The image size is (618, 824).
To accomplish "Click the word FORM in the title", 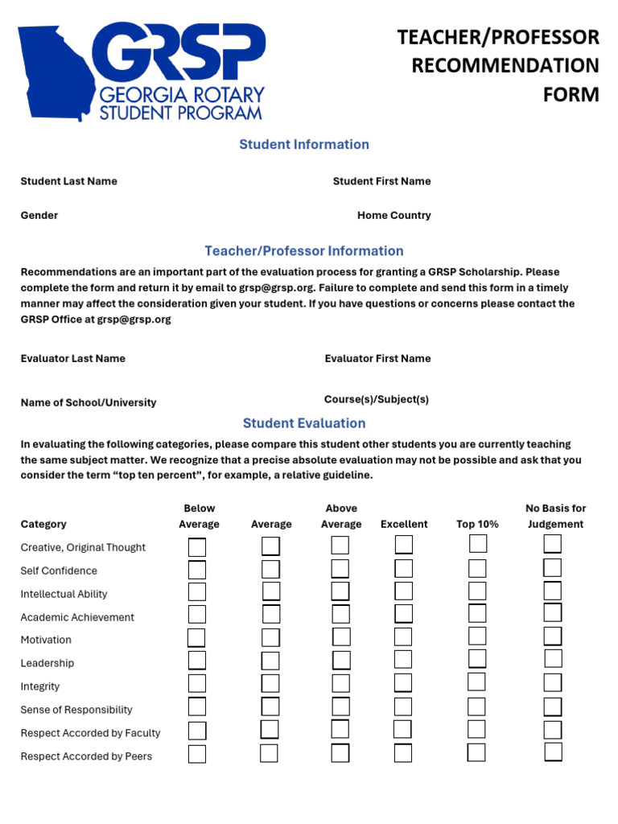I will (x=571, y=94).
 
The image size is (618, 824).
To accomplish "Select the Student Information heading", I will (x=304, y=145).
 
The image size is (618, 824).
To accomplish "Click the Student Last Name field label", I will (x=68, y=181).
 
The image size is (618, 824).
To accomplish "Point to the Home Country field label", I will (x=393, y=216).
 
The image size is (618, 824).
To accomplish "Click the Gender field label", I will (x=39, y=216).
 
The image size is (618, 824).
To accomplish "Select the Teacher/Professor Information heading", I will (x=304, y=251).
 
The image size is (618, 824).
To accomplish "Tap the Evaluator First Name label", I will (x=377, y=358).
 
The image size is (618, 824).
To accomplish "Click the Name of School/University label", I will (x=89, y=402).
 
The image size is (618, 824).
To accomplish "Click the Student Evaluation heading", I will (x=304, y=423).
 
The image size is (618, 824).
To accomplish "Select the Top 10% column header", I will (x=477, y=524).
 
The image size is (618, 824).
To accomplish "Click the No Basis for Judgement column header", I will (x=555, y=516).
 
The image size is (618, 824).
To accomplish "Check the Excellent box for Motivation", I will (x=403, y=637).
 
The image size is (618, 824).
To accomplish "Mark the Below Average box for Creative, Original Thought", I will (x=197, y=547).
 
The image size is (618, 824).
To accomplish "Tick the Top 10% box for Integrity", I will (x=477, y=683).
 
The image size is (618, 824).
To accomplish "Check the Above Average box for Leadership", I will (x=341, y=661).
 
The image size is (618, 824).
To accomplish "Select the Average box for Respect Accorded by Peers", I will (x=270, y=754).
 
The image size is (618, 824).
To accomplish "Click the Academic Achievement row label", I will (x=77, y=617).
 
